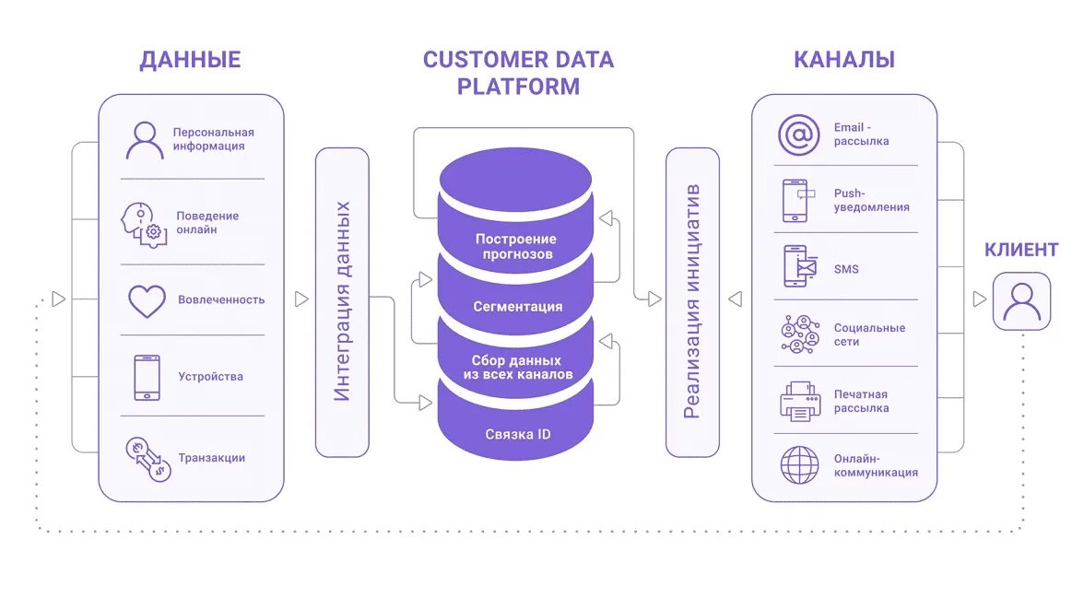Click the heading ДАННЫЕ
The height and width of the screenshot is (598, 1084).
[190, 60]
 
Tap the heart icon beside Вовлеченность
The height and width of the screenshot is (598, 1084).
[147, 301]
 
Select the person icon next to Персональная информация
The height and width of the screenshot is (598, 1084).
[145, 140]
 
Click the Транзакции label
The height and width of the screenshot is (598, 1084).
[212, 458]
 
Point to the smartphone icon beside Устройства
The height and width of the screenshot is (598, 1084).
[147, 378]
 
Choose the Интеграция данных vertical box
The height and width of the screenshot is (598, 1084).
[342, 302]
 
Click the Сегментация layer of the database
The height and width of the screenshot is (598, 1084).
[517, 306]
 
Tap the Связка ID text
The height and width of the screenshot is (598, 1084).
[518, 434]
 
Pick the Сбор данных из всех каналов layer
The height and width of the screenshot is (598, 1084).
[517, 367]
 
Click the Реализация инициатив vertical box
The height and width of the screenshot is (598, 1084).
[693, 302]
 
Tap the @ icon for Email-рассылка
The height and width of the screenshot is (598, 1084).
[799, 135]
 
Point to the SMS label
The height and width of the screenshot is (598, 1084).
[846, 269]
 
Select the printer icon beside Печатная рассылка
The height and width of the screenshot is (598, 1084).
[800, 401]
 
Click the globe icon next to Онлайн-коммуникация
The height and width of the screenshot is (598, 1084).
[800, 465]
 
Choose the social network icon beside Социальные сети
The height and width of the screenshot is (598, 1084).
[800, 334]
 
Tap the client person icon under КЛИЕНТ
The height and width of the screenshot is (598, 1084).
[1021, 301]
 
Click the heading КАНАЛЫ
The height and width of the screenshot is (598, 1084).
[844, 60]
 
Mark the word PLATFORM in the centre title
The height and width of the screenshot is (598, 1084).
[518, 88]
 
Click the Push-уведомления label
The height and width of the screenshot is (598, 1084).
[872, 201]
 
